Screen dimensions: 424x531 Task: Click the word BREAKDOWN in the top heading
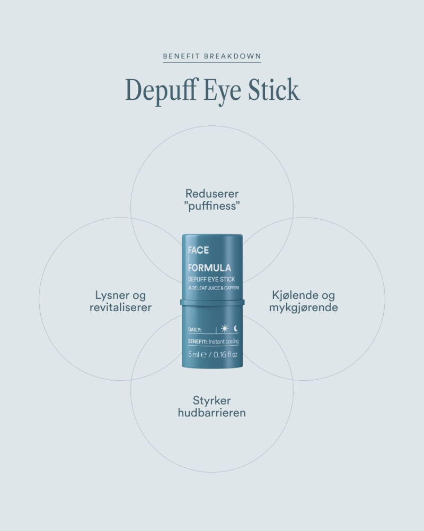(232, 56)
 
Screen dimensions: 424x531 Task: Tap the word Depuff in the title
(161, 90)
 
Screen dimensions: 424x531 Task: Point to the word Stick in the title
(274, 90)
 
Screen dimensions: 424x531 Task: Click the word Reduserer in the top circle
(212, 194)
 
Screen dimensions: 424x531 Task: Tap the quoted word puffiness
(212, 206)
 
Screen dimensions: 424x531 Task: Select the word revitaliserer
(120, 307)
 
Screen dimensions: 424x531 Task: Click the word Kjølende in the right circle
(291, 295)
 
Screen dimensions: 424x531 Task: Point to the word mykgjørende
(303, 308)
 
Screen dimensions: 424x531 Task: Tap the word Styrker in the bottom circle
(212, 401)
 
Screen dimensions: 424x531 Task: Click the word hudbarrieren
(212, 413)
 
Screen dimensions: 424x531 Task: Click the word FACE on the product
(198, 250)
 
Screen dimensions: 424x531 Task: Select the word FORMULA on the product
(210, 268)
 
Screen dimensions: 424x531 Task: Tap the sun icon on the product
(225, 329)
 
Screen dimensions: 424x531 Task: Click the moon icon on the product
(236, 329)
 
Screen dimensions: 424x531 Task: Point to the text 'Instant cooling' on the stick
(224, 341)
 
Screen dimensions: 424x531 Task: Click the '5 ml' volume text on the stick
(194, 355)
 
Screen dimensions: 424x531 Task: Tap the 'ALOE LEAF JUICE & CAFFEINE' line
(214, 288)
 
